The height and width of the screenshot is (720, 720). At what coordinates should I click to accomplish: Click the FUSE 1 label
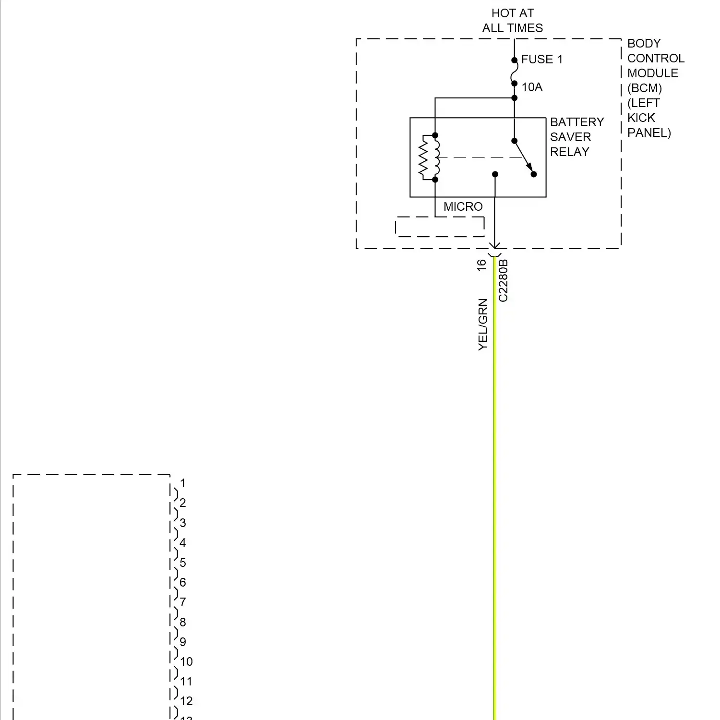541,60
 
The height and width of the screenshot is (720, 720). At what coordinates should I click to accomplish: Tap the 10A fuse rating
532,87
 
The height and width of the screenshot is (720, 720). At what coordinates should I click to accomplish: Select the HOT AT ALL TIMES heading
513,21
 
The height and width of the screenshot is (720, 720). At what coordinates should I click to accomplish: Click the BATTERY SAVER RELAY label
576,137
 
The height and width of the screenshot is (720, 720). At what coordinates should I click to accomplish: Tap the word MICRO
463,207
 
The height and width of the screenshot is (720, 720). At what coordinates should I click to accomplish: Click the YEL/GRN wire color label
483,324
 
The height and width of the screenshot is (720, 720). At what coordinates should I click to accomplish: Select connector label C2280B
503,281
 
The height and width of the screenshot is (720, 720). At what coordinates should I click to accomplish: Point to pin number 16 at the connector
481,265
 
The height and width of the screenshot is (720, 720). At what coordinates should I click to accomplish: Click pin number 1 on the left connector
182,483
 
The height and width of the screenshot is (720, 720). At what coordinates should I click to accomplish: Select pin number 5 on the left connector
182,563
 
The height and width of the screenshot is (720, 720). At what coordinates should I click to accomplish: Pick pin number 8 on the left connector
182,622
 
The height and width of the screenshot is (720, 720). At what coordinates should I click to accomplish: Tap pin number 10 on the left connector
186,662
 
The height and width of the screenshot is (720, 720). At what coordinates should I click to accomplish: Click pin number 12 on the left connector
186,701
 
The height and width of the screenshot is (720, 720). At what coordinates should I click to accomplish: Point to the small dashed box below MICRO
440,227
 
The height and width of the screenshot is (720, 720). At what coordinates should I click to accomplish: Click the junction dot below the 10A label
514,98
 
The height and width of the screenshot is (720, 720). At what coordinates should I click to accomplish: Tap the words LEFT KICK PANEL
648,118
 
